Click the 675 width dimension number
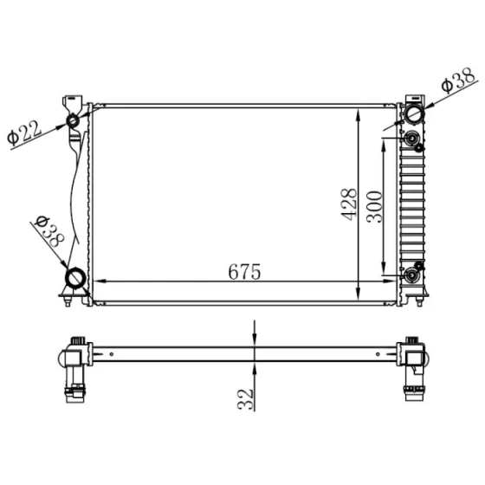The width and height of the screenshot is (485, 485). point(244,272)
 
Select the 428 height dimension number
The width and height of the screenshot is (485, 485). point(349,204)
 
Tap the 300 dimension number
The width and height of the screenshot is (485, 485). point(374,207)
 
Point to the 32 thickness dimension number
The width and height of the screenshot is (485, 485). point(246,399)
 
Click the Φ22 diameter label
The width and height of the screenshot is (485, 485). point(24,133)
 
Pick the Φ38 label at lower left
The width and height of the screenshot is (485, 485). point(49,231)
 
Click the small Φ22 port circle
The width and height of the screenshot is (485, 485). point(73,120)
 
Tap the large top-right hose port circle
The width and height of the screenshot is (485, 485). point(414,113)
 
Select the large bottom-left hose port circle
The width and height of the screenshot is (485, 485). point(75,278)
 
